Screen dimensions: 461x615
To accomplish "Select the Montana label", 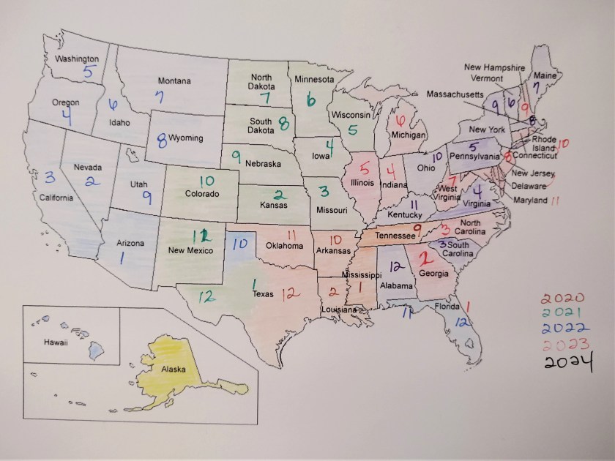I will (x=174, y=80).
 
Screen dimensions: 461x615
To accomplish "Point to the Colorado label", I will (x=201, y=194).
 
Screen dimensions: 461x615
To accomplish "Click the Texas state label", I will (x=262, y=294).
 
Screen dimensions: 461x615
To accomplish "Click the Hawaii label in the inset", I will (x=56, y=342).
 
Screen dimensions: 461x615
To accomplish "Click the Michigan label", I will (x=408, y=135).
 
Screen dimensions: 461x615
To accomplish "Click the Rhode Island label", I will (x=543, y=143).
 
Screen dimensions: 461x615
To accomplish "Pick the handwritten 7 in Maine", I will (x=537, y=87).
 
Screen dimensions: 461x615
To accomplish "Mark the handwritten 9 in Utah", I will (x=147, y=196).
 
